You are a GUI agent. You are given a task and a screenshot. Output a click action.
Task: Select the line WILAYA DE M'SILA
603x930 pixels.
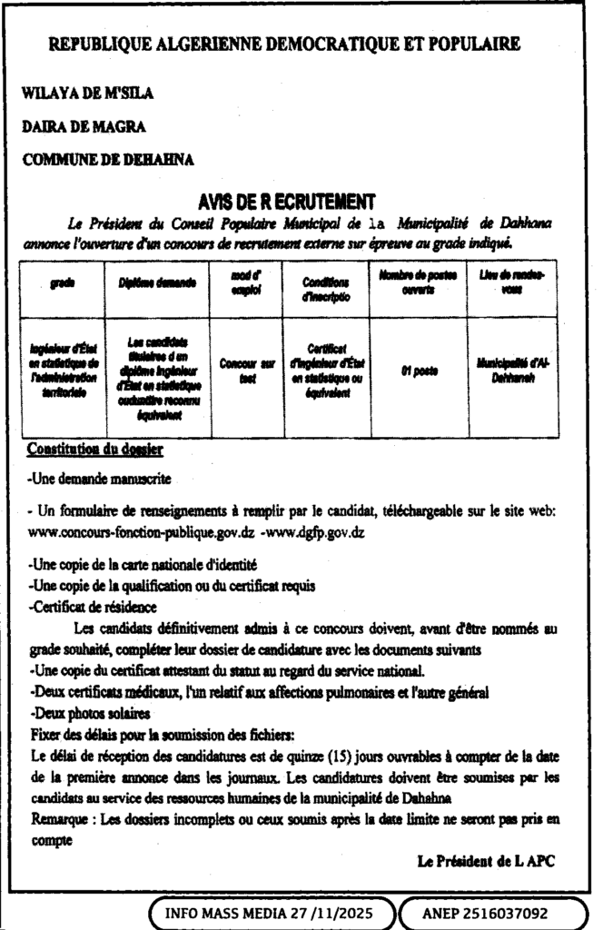[88, 93]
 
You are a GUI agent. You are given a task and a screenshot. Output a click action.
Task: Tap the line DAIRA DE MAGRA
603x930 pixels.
[83, 126]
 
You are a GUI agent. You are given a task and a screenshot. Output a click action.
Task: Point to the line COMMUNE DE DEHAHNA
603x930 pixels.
[108, 160]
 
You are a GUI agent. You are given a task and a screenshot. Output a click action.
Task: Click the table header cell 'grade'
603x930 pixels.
[63, 283]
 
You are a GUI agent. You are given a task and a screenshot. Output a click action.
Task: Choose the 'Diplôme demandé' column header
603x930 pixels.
[157, 283]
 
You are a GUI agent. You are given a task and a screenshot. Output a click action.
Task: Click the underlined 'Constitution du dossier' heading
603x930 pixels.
[95, 449]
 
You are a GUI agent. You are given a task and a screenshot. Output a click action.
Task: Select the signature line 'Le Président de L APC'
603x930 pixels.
[485, 860]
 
